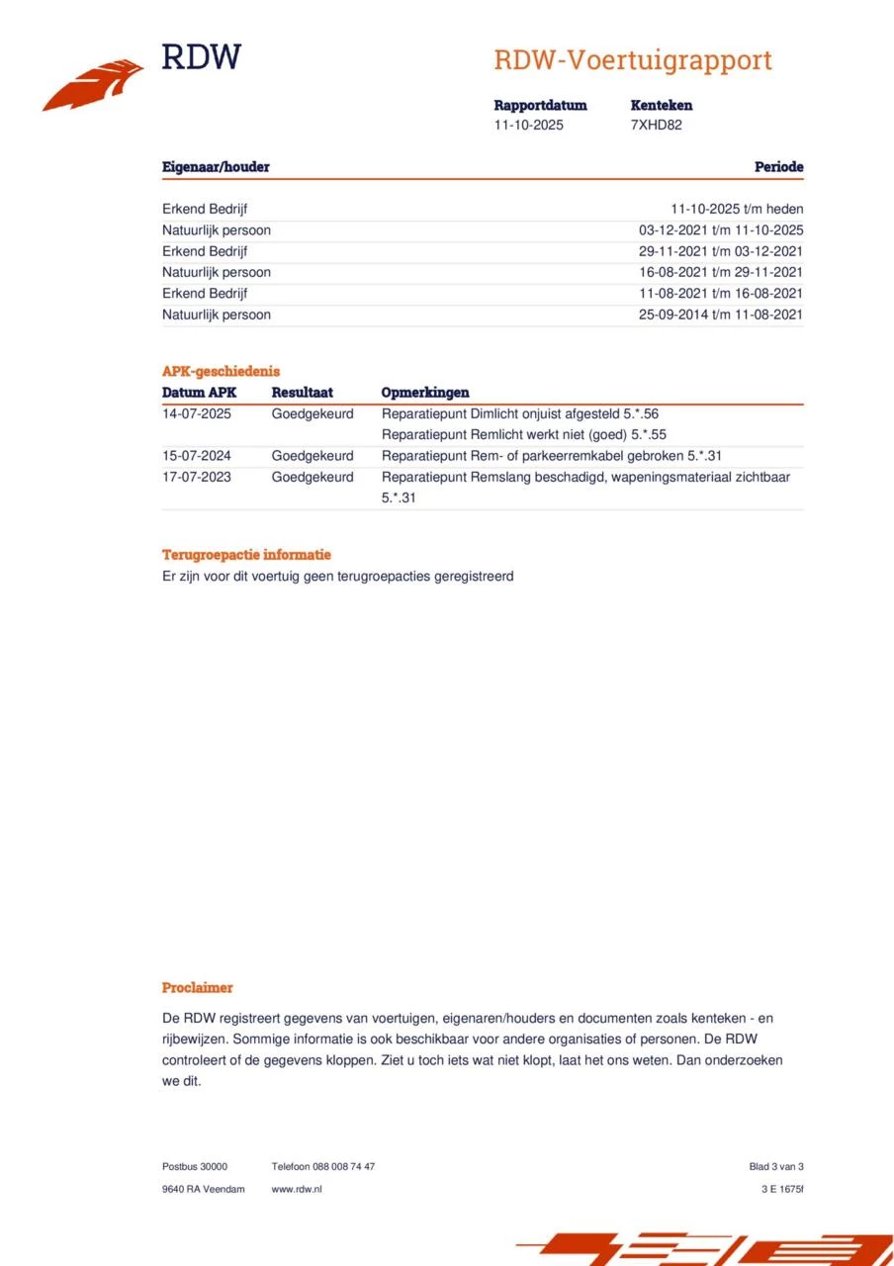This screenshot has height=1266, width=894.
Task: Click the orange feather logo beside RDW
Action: pyautogui.click(x=93, y=85)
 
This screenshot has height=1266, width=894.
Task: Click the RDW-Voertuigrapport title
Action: pyautogui.click(x=632, y=60)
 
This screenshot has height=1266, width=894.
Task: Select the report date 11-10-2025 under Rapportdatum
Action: pyautogui.click(x=528, y=126)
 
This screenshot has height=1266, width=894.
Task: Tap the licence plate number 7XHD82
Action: pyautogui.click(x=656, y=126)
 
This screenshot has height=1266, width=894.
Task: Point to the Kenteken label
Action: pyautogui.click(x=661, y=105)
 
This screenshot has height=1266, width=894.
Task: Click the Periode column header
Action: pyautogui.click(x=778, y=167)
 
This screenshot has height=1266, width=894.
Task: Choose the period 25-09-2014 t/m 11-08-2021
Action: pyautogui.click(x=721, y=315)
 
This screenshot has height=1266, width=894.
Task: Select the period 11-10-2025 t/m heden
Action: pyautogui.click(x=737, y=209)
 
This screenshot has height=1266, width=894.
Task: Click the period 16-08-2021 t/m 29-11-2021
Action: pyautogui.click(x=721, y=272)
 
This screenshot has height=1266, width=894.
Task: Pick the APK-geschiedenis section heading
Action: pyautogui.click(x=221, y=372)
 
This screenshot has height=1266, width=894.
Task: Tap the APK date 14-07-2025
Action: pyautogui.click(x=197, y=413)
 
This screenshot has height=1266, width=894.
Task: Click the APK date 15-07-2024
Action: pyautogui.click(x=197, y=456)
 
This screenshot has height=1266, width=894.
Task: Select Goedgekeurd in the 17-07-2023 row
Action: pyautogui.click(x=313, y=477)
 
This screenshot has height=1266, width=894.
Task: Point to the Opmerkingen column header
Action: pyautogui.click(x=425, y=393)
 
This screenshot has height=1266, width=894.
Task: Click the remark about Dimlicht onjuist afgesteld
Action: pyautogui.click(x=519, y=413)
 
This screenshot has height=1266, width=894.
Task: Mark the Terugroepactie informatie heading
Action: pyautogui.click(x=246, y=555)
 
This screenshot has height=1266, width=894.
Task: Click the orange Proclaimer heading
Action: pyautogui.click(x=198, y=987)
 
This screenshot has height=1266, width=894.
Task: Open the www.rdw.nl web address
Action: pyautogui.click(x=297, y=1189)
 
